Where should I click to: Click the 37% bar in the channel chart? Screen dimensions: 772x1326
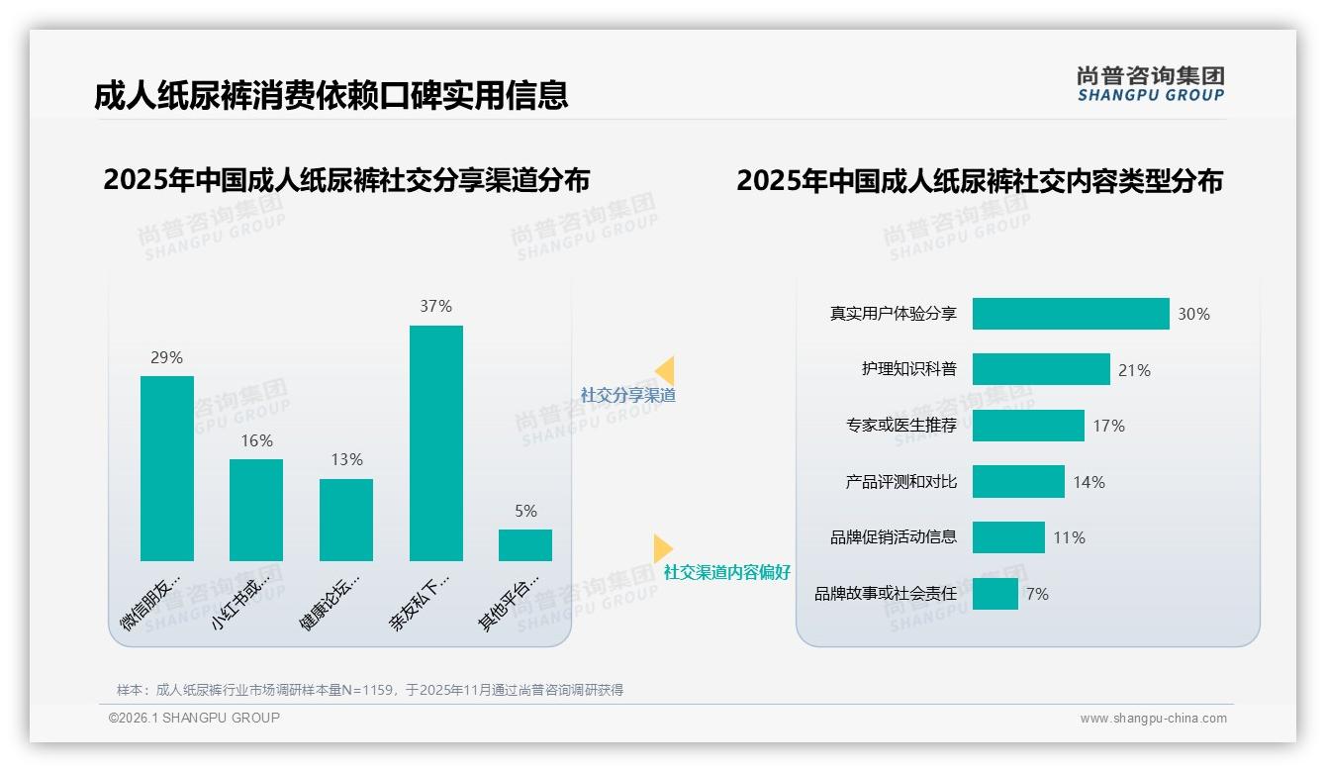(x=435, y=442)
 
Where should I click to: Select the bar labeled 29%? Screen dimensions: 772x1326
(x=167, y=468)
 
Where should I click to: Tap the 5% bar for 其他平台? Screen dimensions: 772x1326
(x=525, y=545)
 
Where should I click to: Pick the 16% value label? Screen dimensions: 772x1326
(x=256, y=440)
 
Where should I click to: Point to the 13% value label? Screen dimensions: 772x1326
(x=346, y=459)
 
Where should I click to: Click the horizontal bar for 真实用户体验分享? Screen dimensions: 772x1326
(x=1071, y=314)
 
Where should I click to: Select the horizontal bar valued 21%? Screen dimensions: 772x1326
(x=1041, y=369)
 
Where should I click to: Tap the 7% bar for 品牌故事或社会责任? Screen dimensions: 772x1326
(x=995, y=594)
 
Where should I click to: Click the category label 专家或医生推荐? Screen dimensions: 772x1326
(x=901, y=426)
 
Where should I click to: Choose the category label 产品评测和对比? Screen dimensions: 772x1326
(x=901, y=482)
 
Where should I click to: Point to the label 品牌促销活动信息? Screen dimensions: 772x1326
(x=894, y=537)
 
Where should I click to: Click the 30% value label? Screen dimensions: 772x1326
(x=1193, y=314)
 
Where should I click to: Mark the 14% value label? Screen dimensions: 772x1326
(x=1089, y=482)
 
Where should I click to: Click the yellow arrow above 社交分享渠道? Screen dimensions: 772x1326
(x=665, y=371)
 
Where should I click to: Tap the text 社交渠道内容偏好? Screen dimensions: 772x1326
(x=727, y=572)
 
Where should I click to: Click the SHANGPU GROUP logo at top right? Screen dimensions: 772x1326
(x=1150, y=84)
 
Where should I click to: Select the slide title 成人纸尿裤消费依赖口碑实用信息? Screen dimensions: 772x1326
(x=331, y=95)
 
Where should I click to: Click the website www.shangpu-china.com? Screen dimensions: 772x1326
(x=1153, y=719)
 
